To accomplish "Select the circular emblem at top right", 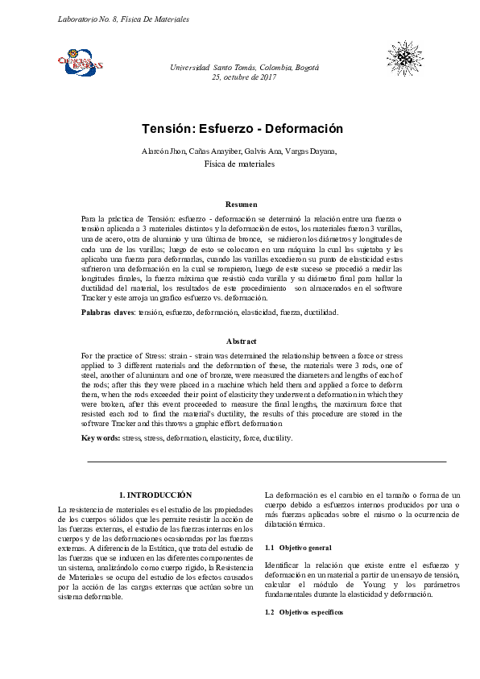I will point(403,59).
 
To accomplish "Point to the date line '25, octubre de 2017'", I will point(243,77).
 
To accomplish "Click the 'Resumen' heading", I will point(242,205).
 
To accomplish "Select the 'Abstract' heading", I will point(242,342).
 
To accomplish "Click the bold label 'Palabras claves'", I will point(108,312).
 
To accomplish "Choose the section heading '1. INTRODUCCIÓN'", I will point(155,494).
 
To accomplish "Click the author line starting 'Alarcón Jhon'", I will point(239,151).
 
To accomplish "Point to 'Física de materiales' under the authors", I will point(239,164).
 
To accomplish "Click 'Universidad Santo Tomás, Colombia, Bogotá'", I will point(244,68).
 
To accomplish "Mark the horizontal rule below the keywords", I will point(266,462).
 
